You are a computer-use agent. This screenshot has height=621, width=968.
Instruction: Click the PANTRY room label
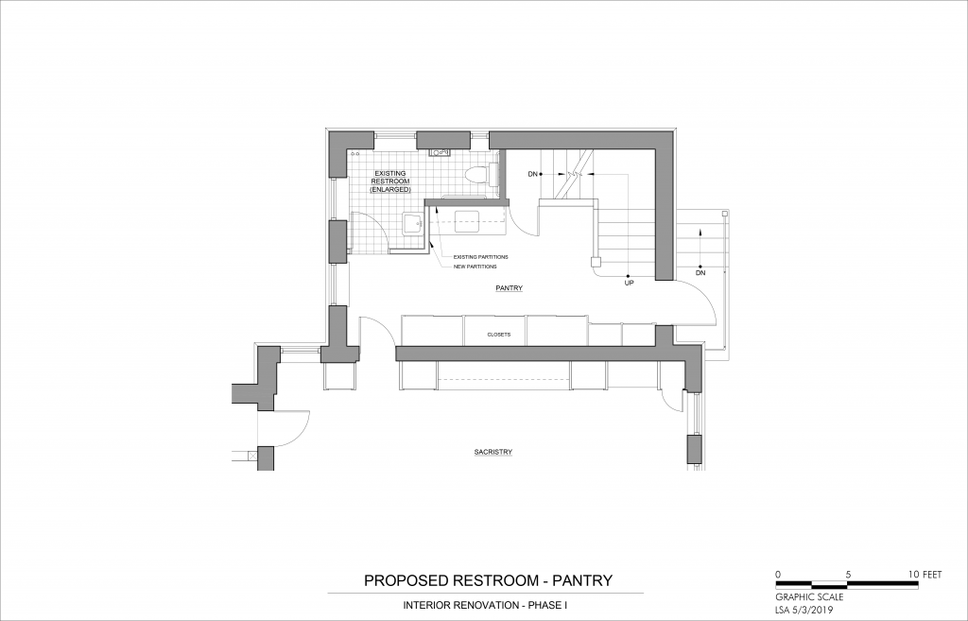coord(510,288)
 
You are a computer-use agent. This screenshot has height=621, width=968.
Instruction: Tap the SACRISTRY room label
coord(493,452)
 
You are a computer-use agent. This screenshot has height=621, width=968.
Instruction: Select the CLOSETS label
coord(499,335)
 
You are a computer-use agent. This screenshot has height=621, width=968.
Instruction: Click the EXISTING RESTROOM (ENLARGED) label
coord(390,181)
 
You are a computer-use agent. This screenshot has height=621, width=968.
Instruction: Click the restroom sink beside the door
coord(412,224)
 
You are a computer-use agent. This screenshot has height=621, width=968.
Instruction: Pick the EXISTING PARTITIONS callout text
coord(481,257)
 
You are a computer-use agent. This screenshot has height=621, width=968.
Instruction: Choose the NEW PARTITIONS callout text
coord(475,267)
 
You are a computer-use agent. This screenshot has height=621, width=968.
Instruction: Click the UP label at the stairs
coord(629,283)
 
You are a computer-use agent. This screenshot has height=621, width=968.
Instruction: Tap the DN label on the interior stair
coord(533,174)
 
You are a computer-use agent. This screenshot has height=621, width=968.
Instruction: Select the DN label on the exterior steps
coord(700,272)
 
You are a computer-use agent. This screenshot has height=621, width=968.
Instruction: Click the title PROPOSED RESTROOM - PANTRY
coord(489,580)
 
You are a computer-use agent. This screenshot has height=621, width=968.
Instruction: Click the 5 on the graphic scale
coord(848,574)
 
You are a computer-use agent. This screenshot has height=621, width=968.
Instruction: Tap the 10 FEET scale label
coord(925,574)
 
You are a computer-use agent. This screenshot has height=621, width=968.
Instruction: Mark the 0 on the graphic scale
coord(778,574)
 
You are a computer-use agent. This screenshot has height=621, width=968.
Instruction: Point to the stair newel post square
coord(596,261)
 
